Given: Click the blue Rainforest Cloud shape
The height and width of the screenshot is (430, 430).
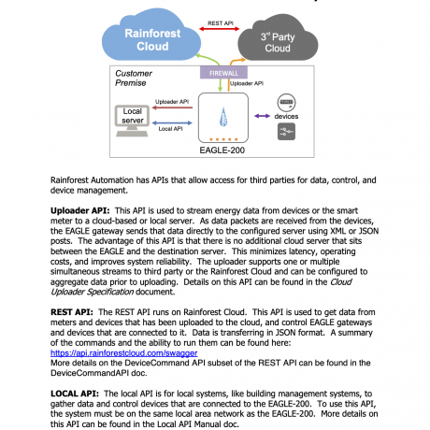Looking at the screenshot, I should [x=140, y=37].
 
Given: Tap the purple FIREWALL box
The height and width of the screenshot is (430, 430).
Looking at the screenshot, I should [x=221, y=71].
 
